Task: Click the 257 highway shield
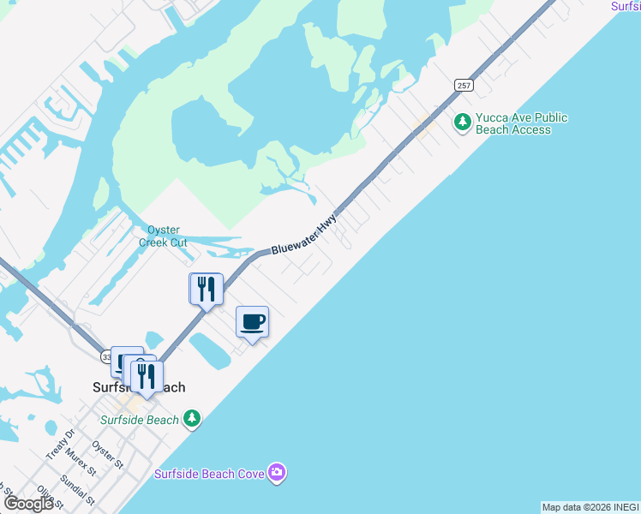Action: [x=464, y=86]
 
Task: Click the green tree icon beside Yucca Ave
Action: [x=463, y=122]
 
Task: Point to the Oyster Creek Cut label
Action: [x=163, y=236]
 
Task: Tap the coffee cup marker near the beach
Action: [x=252, y=323]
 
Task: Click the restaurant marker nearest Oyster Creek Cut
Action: [x=206, y=289]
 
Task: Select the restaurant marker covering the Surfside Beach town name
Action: [x=147, y=376]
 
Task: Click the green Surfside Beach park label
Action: [x=140, y=420]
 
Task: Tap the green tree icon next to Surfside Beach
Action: [x=193, y=419]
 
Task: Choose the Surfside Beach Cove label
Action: [x=209, y=474]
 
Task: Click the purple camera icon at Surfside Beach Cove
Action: [x=276, y=472]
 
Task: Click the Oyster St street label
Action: [x=108, y=454]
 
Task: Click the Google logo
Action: [x=29, y=504]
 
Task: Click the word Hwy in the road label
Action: [x=326, y=225]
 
